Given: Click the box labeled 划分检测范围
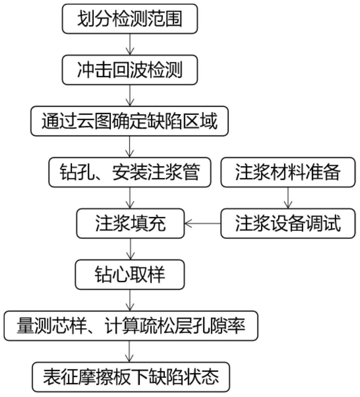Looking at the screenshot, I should pyautogui.click(x=130, y=19).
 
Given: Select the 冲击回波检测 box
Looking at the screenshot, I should pyautogui.click(x=130, y=70).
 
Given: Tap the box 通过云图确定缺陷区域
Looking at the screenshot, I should pyautogui.click(x=129, y=121).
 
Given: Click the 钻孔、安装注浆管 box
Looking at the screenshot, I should pyautogui.click(x=130, y=172).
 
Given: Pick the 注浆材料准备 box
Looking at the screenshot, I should pyautogui.click(x=288, y=172).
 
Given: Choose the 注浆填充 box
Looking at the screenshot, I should pyautogui.click(x=130, y=223).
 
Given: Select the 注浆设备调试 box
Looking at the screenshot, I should pyautogui.click(x=288, y=223).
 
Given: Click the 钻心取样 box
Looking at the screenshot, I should pyautogui.click(x=130, y=275).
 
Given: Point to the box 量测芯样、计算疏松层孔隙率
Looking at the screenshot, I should pyautogui.click(x=131, y=326).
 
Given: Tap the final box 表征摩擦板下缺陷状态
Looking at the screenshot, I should pyautogui.click(x=131, y=377).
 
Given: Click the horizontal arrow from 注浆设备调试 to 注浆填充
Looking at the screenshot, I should pyautogui.click(x=203, y=223).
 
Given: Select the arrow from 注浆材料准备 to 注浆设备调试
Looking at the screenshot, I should pyautogui.click(x=288, y=198).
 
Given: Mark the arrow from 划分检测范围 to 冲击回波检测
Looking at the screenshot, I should pyautogui.click(x=130, y=44).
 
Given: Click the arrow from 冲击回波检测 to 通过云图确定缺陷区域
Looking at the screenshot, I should pyautogui.click(x=130, y=95).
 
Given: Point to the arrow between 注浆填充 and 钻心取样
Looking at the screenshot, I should pyautogui.click(x=130, y=249).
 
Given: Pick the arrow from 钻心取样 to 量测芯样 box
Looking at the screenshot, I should pyautogui.click(x=130, y=300).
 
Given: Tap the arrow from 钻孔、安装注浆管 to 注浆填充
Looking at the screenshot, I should pyautogui.click(x=130, y=198).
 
